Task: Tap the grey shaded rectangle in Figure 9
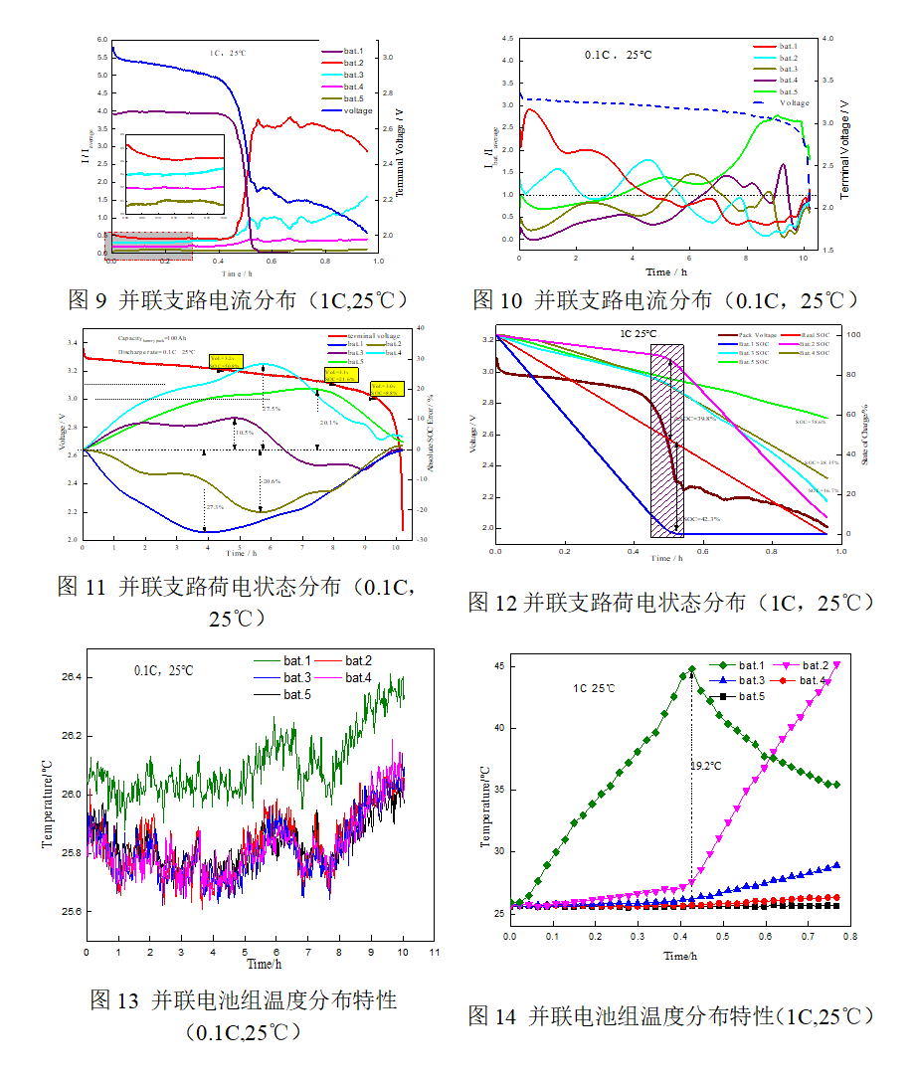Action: coord(149,247)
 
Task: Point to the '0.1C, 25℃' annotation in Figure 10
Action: coord(619,55)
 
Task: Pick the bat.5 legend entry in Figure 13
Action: coord(297,694)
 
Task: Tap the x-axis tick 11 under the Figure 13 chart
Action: coord(434,952)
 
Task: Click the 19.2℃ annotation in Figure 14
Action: coord(707,767)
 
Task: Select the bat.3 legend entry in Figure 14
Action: coord(751,680)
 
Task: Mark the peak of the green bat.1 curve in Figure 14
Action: coord(691,669)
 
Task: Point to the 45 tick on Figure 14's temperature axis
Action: coord(497,666)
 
